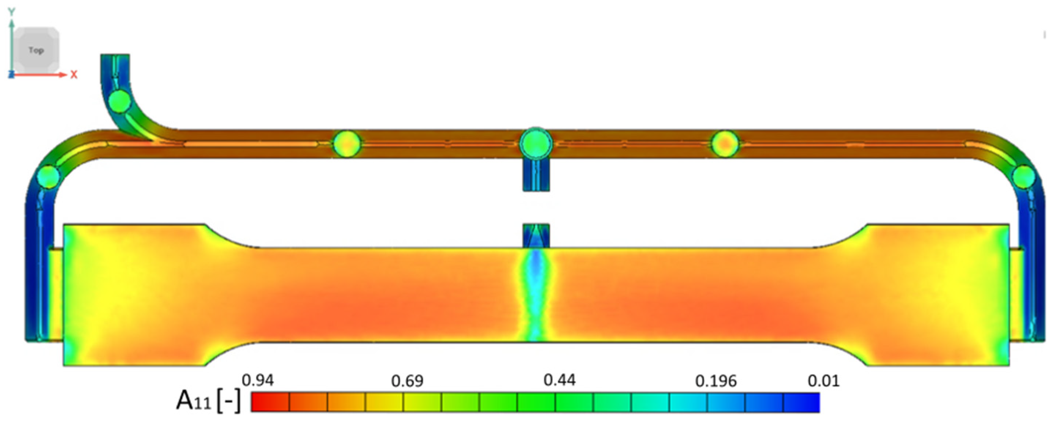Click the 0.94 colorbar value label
tap(258, 380)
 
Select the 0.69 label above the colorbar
tap(407, 381)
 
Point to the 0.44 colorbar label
tap(560, 380)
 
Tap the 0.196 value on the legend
tap(716, 381)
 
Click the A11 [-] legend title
tap(208, 401)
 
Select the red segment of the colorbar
tap(270, 402)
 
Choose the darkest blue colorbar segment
tap(801, 402)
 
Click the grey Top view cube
tap(36, 50)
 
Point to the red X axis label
tap(74, 75)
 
